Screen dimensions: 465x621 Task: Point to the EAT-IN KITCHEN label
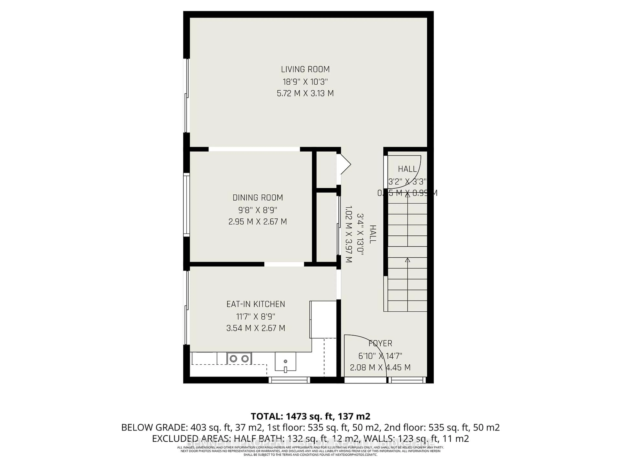click(x=256, y=304)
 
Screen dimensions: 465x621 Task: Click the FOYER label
click(x=380, y=343)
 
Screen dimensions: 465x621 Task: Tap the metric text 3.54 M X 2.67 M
click(x=256, y=328)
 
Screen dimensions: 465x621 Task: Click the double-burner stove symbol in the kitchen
click(x=239, y=358)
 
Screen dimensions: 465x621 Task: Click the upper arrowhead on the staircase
click(x=407, y=195)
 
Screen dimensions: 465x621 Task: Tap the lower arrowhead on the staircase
click(x=407, y=260)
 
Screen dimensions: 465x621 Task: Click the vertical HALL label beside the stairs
click(x=372, y=234)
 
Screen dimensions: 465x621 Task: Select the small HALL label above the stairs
click(x=407, y=169)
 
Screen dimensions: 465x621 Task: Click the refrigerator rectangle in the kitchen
click(x=323, y=320)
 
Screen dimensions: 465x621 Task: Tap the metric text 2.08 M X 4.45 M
click(x=380, y=367)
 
